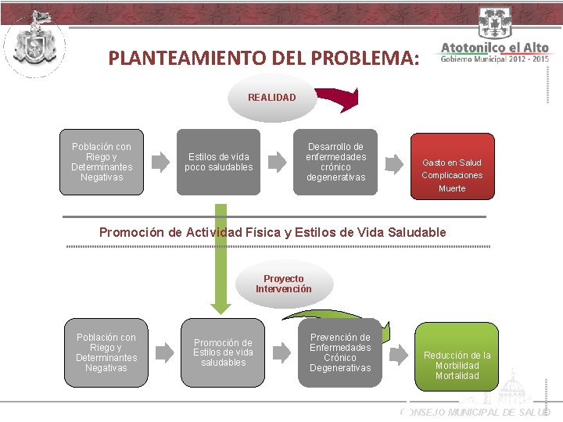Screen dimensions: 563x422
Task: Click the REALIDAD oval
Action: (x=271, y=98)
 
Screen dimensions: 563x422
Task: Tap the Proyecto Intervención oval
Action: (x=283, y=284)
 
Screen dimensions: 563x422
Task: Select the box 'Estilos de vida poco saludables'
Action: (x=221, y=162)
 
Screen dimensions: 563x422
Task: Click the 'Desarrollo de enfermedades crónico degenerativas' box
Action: (x=335, y=162)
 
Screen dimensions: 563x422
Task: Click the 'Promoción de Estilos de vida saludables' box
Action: (x=223, y=352)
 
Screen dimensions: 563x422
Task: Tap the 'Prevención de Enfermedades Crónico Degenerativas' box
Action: (x=340, y=353)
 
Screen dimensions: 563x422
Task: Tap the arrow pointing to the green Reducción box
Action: (x=399, y=355)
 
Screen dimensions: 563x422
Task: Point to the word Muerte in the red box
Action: (x=452, y=188)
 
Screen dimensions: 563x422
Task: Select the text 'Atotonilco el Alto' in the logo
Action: (x=494, y=48)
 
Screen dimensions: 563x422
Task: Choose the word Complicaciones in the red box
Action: (x=452, y=175)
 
